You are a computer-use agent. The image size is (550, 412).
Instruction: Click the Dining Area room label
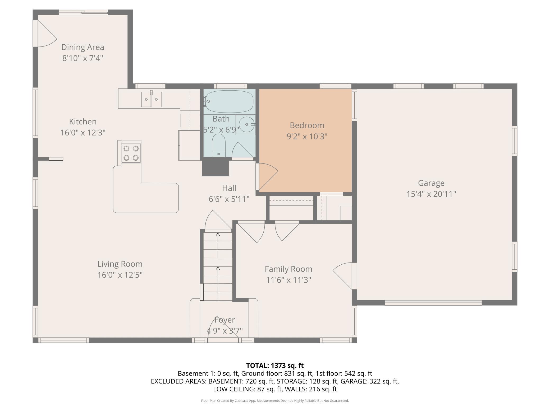tap(83, 47)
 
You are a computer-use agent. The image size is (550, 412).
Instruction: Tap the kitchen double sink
tap(151, 99)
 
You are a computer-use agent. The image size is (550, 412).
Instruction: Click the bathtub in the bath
tap(229, 102)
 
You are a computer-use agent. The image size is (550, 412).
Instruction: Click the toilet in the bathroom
tap(219, 145)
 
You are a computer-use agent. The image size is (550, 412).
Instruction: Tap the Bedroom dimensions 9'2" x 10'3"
tap(307, 136)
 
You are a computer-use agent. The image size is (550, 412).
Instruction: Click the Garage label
tap(431, 183)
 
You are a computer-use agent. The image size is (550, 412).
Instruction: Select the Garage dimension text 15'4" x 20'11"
tap(431, 194)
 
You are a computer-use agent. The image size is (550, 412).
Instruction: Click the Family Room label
tap(288, 269)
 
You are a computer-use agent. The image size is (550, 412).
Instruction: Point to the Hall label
tap(229, 188)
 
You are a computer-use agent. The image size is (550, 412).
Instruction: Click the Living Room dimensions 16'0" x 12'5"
tap(120, 275)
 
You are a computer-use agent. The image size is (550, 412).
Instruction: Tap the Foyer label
tap(224, 320)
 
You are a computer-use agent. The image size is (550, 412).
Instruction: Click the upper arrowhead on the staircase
tap(218, 234)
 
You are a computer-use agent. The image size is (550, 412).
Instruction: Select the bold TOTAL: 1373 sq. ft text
tap(275, 366)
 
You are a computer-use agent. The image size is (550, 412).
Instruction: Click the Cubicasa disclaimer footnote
tap(275, 401)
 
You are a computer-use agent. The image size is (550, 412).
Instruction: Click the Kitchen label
tap(83, 122)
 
